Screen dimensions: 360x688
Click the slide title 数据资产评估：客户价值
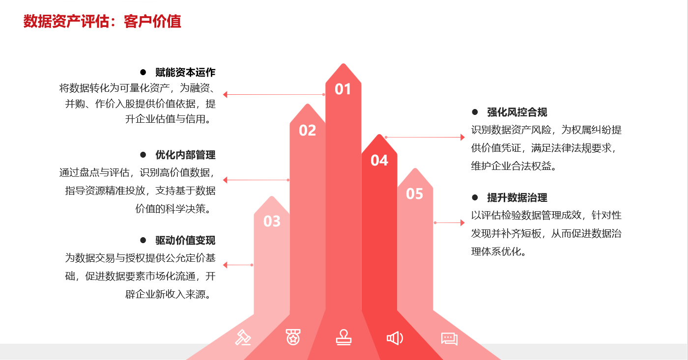(102, 22)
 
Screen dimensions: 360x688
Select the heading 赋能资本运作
(185, 72)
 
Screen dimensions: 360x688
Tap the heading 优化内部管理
(185, 155)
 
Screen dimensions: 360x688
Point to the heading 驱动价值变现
(185, 240)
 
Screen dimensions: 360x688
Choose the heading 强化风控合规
(517, 112)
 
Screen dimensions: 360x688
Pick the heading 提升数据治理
(517, 197)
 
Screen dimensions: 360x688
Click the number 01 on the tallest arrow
(343, 89)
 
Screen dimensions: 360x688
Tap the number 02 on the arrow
(307, 130)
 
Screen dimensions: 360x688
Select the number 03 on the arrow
(272, 222)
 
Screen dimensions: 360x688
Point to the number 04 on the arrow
(379, 160)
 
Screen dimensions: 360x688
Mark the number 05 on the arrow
(414, 194)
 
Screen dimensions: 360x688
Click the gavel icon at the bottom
(243, 337)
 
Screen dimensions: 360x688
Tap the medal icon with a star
(293, 337)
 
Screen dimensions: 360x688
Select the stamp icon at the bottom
(344, 337)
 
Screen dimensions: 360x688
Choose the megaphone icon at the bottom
(395, 338)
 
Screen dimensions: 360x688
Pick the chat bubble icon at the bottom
(449, 338)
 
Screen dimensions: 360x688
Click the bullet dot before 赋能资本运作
(143, 72)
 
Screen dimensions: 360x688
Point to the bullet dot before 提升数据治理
(475, 197)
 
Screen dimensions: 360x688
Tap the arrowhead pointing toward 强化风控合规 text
(462, 138)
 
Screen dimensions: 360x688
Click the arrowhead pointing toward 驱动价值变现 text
(226, 265)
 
